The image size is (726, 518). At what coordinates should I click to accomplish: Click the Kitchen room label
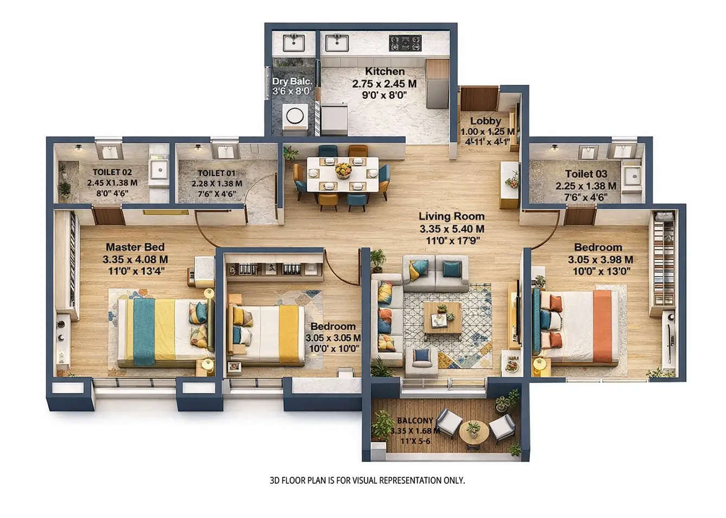[384, 71]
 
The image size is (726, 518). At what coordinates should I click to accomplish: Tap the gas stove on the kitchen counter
[406, 42]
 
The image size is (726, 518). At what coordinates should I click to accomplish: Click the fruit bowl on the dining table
[342, 171]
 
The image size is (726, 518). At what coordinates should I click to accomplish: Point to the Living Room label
[451, 216]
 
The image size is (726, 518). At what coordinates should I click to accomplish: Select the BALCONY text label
[415, 420]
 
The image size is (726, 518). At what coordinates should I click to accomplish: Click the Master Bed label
[135, 247]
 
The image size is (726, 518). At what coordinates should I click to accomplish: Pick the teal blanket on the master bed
[144, 332]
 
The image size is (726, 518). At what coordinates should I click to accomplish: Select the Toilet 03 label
[586, 174]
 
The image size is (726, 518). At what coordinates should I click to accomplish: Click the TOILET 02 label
[112, 172]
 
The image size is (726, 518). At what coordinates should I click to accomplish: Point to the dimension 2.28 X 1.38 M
[217, 184]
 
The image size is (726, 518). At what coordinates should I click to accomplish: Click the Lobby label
[485, 121]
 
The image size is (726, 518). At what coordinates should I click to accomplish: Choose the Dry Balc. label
[292, 82]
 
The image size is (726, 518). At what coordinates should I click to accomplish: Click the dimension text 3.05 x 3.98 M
[600, 260]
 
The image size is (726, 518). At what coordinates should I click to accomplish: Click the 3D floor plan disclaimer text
[367, 480]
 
